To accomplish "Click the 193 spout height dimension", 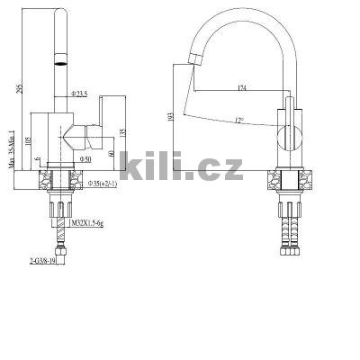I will (x=172, y=116).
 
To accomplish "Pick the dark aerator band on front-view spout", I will (x=60, y=63).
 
